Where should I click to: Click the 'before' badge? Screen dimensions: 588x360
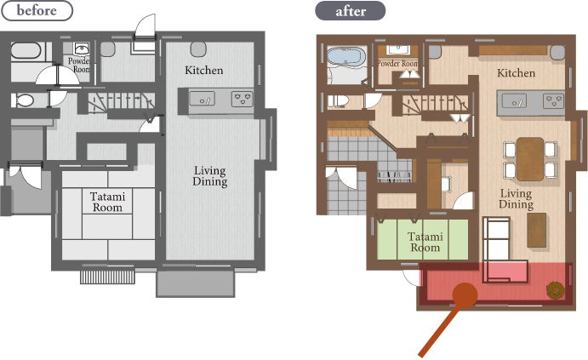click(x=37, y=10)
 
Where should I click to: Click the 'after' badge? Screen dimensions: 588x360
click(x=351, y=11)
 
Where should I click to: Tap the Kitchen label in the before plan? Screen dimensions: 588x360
click(x=204, y=70)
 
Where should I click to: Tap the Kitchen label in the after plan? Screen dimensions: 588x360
click(x=516, y=72)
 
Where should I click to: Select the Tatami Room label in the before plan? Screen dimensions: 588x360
click(x=107, y=202)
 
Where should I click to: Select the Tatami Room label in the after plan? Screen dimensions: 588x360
click(x=425, y=242)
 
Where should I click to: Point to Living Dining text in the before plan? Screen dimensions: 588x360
click(x=210, y=176)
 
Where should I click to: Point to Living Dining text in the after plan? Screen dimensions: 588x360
click(x=516, y=199)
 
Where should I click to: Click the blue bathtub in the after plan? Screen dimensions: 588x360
click(x=346, y=57)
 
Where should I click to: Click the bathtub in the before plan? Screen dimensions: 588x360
click(x=26, y=50)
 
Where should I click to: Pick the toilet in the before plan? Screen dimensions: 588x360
click(x=23, y=100)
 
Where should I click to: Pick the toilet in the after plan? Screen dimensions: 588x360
click(x=339, y=101)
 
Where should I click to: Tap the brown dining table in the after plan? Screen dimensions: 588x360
click(x=530, y=159)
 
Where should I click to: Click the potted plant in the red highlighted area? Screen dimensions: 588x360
click(x=556, y=290)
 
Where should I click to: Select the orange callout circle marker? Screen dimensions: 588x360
click(x=465, y=295)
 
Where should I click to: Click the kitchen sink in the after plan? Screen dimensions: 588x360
click(x=514, y=101)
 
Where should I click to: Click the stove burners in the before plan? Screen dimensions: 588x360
click(x=242, y=99)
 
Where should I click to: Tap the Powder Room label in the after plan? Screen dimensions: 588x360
click(x=397, y=63)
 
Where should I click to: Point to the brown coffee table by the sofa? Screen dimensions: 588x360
click(x=537, y=230)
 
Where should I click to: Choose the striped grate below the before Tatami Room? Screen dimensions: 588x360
click(x=107, y=277)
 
